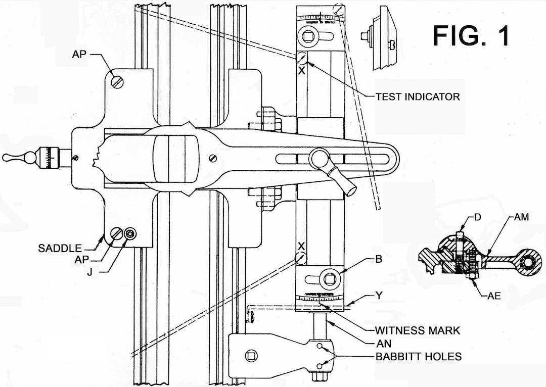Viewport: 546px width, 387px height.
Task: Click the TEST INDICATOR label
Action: pos(418,96)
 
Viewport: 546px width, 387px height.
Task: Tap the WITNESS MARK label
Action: pos(418,330)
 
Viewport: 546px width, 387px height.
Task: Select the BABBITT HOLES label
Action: pos(418,357)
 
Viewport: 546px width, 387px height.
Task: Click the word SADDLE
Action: pos(60,248)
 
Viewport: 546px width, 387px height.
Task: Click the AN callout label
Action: pos(383,343)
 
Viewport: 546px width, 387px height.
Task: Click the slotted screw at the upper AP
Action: pos(116,80)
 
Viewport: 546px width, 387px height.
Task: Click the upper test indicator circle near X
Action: pos(301,58)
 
